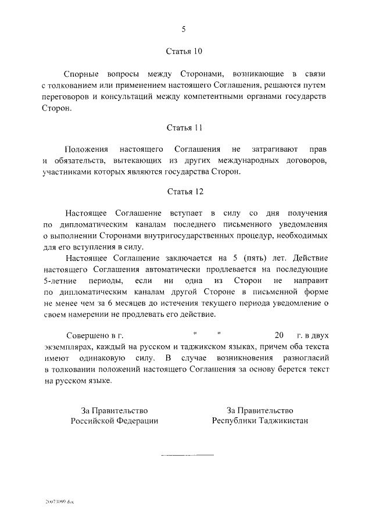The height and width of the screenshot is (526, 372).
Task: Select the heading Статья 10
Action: [185, 51]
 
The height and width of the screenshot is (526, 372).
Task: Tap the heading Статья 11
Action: [185, 126]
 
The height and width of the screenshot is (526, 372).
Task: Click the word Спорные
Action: [81, 74]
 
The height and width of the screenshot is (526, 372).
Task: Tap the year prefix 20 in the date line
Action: [278, 335]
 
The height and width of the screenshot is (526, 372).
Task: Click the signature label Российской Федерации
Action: [114, 420]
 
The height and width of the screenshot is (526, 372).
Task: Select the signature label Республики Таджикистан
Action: [260, 420]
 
